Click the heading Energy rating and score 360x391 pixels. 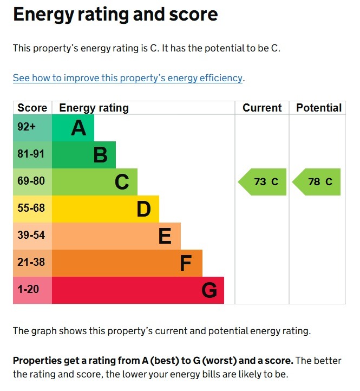(115, 15)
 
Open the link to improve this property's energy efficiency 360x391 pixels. (128, 78)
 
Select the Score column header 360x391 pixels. (32, 108)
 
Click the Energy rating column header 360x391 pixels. (94, 108)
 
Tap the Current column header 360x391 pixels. (262, 108)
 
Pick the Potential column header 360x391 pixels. (319, 108)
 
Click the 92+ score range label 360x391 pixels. (27, 128)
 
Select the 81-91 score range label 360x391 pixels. (31, 154)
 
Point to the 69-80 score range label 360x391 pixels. (31, 181)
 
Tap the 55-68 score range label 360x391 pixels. (31, 208)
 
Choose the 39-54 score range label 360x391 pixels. (31, 236)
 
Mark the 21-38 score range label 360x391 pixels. (31, 263)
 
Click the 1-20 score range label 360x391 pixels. (28, 290)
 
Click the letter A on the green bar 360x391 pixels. (78, 128)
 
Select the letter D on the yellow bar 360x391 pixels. (143, 209)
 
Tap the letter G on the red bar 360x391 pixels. (209, 291)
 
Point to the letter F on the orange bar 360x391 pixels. (186, 264)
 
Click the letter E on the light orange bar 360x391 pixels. (165, 236)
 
